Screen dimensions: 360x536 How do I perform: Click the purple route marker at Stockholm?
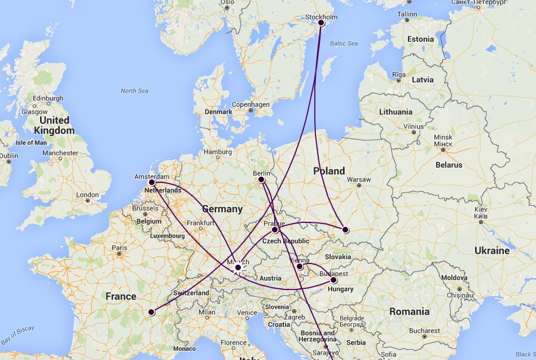click(x=321, y=23)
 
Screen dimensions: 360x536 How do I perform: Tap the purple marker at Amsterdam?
click(x=152, y=182)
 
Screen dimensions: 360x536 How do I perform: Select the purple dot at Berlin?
click(x=261, y=179)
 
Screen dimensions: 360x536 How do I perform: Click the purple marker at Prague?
click(x=275, y=230)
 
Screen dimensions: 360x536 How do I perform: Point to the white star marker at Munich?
click(x=238, y=267)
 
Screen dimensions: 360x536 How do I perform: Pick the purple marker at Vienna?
click(x=300, y=266)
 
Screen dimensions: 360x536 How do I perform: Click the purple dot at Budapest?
click(x=333, y=280)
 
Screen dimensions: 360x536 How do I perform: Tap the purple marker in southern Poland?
click(x=345, y=230)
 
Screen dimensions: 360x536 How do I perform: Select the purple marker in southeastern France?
click(x=151, y=312)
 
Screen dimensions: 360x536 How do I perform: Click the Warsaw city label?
click(x=359, y=179)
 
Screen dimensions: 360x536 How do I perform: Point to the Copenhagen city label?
click(x=251, y=104)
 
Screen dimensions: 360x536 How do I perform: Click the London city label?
click(x=87, y=195)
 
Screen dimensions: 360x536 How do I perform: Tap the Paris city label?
click(x=119, y=248)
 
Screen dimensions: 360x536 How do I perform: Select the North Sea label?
click(x=134, y=91)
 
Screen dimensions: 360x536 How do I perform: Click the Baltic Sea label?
click(x=344, y=43)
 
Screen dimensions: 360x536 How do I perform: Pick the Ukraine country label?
click(x=491, y=250)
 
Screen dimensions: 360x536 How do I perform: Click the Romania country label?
click(x=409, y=311)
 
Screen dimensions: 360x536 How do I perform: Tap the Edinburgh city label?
click(x=48, y=98)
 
